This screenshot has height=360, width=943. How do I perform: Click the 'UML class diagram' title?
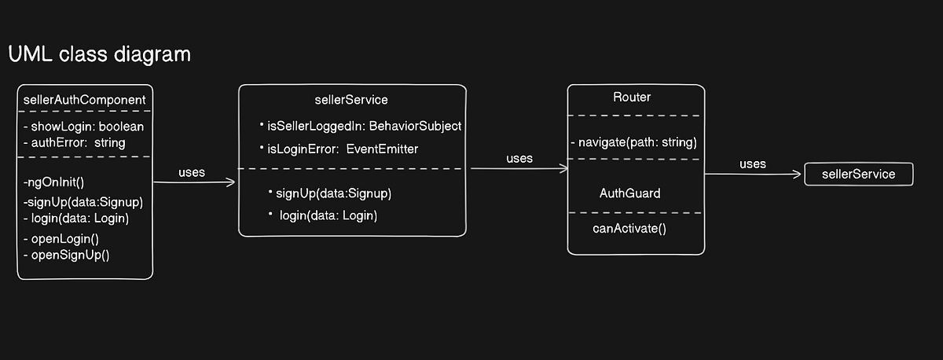click(x=99, y=55)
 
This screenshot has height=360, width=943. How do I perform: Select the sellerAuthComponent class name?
click(x=85, y=100)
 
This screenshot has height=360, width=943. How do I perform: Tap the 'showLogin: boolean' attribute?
click(x=88, y=127)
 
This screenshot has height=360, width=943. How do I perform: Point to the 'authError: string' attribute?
click(x=74, y=142)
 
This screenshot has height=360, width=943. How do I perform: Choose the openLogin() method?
click(x=67, y=238)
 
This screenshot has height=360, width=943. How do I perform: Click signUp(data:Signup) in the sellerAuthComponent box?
click(x=83, y=202)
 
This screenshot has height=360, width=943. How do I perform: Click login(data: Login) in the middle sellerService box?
click(x=328, y=215)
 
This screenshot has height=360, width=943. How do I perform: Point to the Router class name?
click(x=632, y=97)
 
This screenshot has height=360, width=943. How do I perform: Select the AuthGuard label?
click(x=629, y=193)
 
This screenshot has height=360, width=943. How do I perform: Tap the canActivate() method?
click(x=629, y=229)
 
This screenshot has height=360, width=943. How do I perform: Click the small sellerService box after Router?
click(x=859, y=174)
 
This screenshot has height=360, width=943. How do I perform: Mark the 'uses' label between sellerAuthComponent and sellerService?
click(x=192, y=172)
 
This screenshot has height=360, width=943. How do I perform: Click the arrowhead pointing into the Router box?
click(x=563, y=168)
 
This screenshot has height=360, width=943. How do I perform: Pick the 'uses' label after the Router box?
click(x=753, y=163)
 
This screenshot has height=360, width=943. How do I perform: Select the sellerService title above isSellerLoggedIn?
click(x=350, y=100)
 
